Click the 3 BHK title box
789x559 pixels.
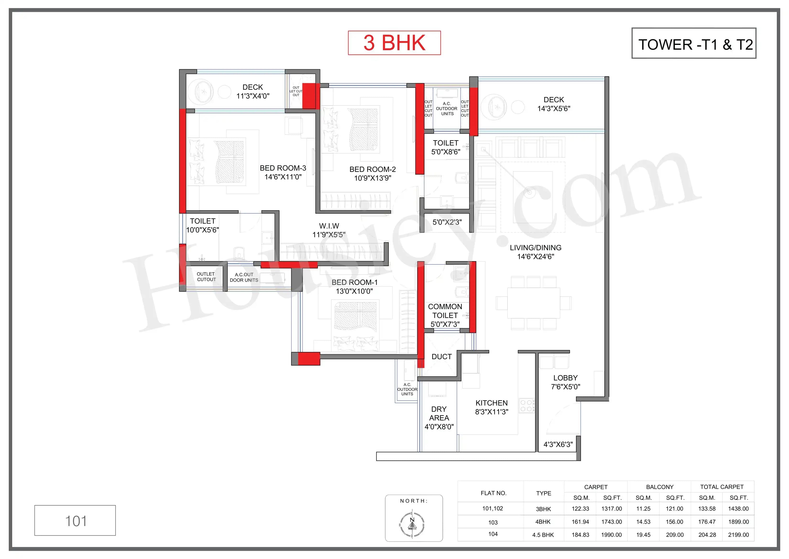(x=394, y=43)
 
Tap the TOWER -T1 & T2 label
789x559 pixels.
(x=694, y=44)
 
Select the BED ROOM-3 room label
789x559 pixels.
(x=283, y=168)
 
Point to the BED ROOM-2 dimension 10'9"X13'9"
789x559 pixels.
(x=373, y=178)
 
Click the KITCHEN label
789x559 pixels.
(x=491, y=403)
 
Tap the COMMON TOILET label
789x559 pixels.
(x=445, y=311)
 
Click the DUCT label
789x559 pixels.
(x=441, y=357)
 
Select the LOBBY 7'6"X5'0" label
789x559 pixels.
(x=565, y=382)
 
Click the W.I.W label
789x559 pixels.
(x=329, y=226)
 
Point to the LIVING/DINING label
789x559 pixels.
(x=535, y=248)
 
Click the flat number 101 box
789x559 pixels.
(x=75, y=521)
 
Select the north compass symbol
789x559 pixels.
(x=412, y=525)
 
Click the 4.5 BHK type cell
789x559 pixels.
(x=543, y=535)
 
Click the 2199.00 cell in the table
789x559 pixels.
(x=738, y=535)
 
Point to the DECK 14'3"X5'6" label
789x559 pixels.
(x=554, y=104)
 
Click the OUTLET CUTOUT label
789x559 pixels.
(x=206, y=277)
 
